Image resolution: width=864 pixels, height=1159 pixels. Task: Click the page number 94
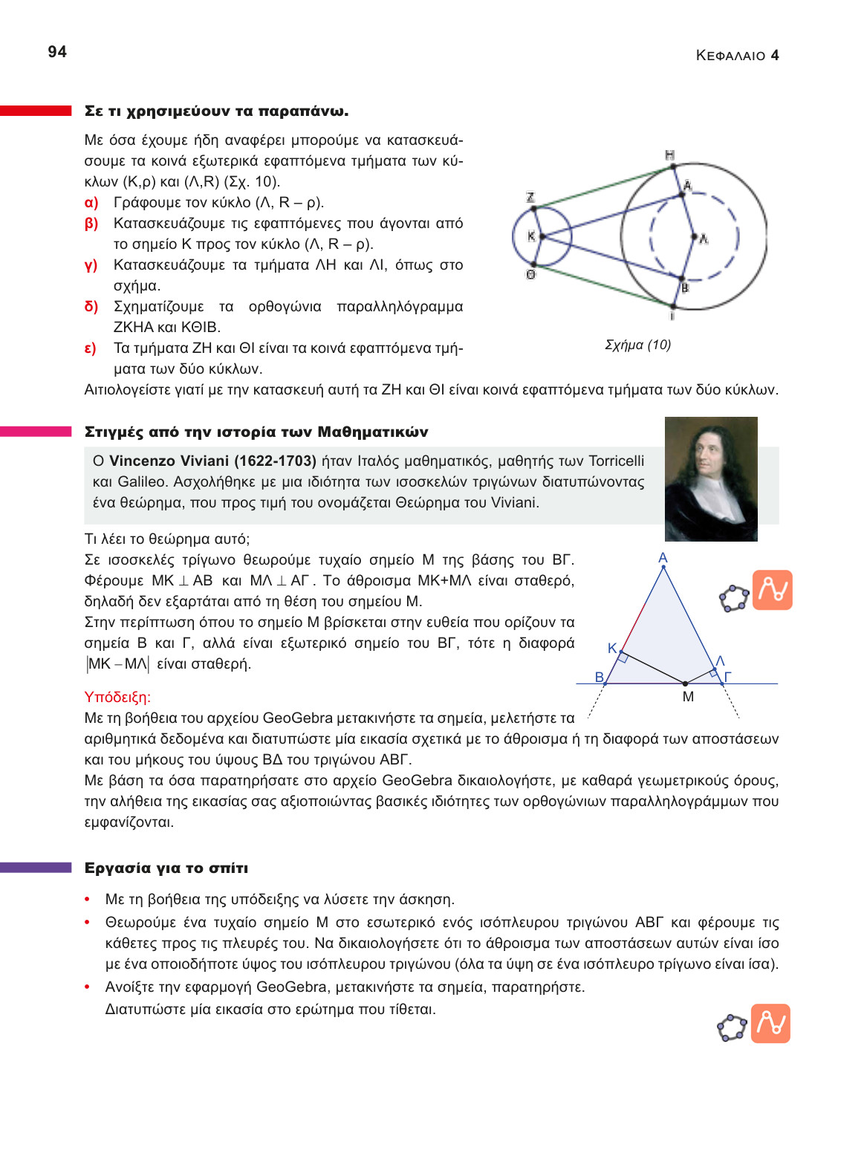pos(57,52)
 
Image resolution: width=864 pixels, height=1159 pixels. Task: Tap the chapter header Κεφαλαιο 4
pos(737,56)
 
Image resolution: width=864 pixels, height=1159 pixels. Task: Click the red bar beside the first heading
pos(36,111)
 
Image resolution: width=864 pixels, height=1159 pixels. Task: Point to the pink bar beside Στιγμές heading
pos(36,432)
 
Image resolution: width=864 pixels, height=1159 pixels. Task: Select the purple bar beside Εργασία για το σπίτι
pos(36,868)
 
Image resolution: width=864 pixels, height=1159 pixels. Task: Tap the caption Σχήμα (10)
pos(637,345)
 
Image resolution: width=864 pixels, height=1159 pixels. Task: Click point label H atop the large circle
pos(669,155)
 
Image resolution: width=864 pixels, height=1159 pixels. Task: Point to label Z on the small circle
pos(530,198)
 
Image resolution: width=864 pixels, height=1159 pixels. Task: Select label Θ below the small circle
pos(530,275)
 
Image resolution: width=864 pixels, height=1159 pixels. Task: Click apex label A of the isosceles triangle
pos(663,558)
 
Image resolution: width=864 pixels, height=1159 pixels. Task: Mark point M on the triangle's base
pos(686,683)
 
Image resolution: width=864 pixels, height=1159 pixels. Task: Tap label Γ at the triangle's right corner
pos(728,677)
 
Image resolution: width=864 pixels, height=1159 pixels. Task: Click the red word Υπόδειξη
pos(117,698)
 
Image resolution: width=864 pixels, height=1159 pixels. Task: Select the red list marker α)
pos(91,203)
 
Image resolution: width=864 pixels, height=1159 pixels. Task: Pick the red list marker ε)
pos(90,348)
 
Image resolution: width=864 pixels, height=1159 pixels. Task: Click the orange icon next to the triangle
pos(773,590)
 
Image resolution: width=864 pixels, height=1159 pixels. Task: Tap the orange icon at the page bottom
pos(770,1024)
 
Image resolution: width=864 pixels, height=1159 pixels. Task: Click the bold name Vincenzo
pos(145,461)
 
